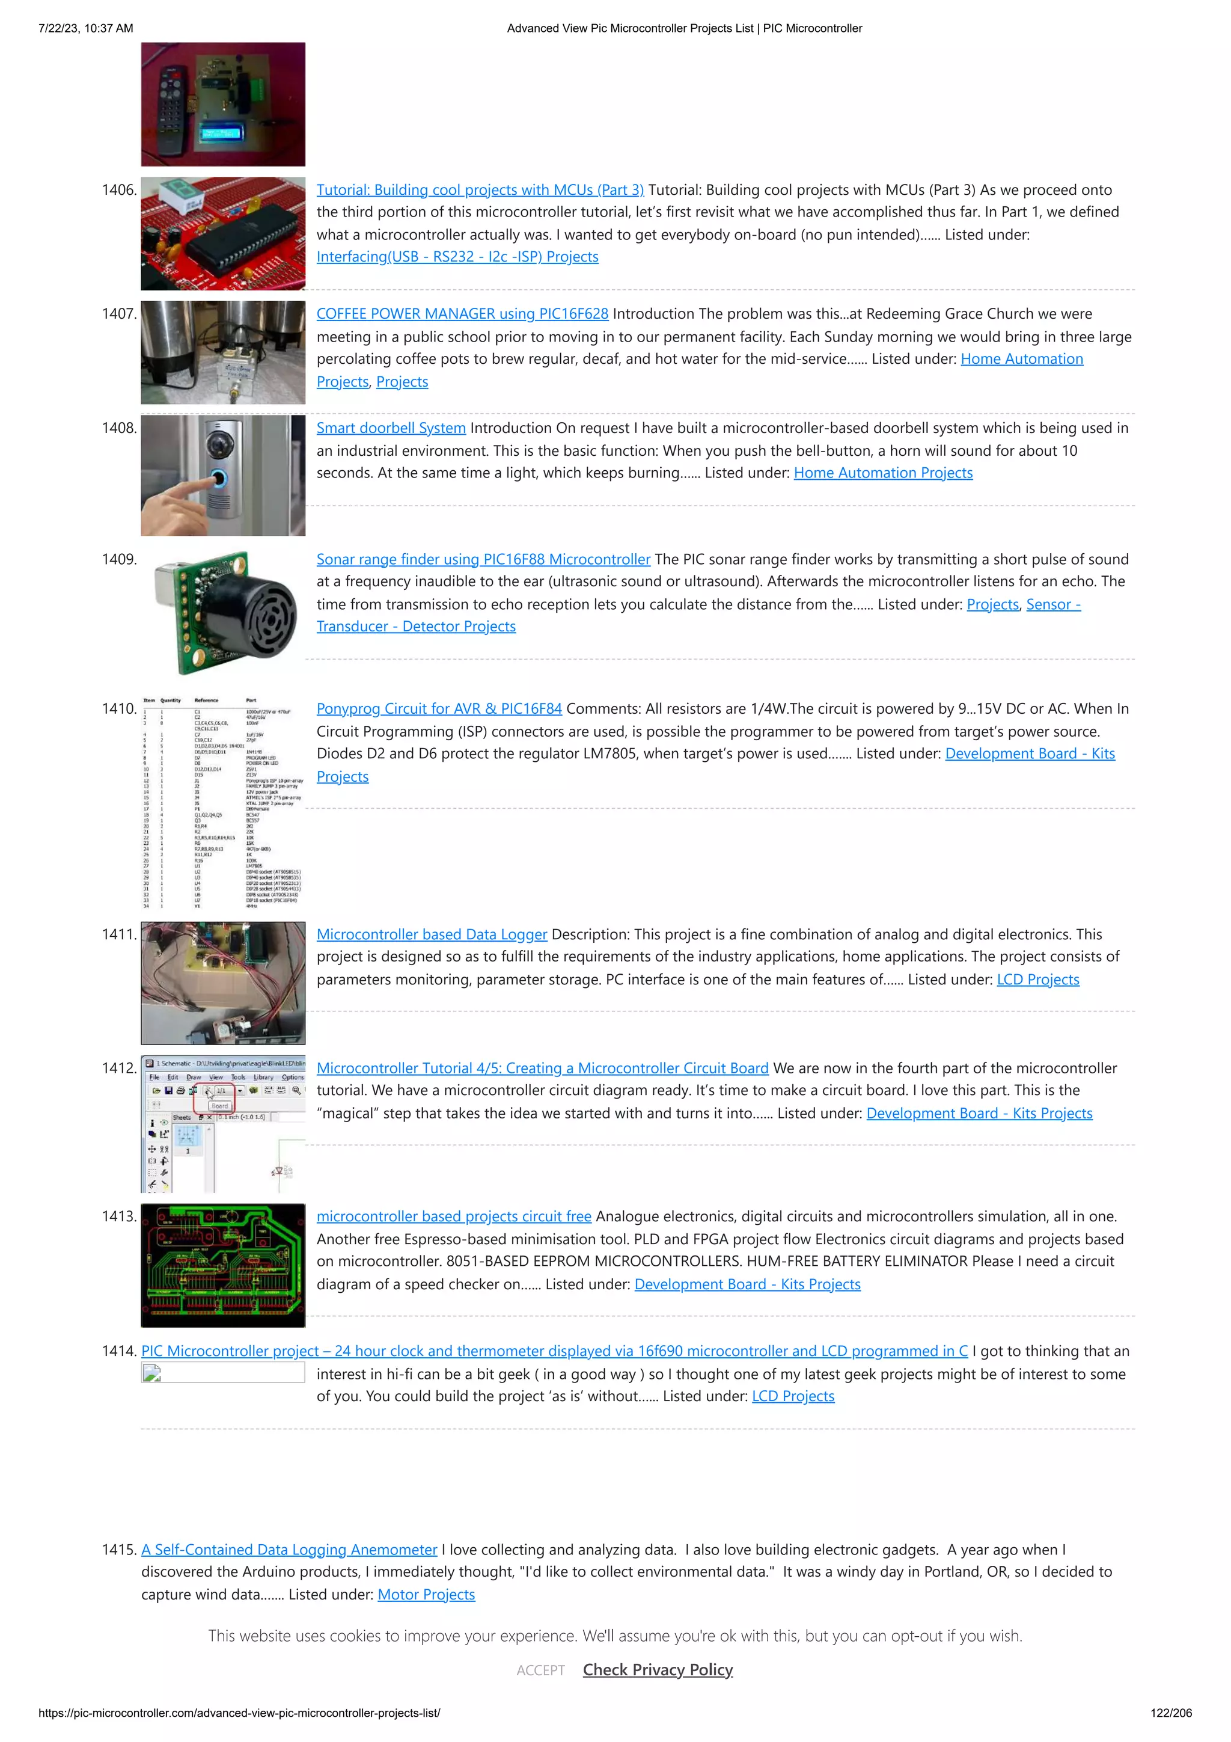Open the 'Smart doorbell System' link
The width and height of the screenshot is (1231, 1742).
point(391,428)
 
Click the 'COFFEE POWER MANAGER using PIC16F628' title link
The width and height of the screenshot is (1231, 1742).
point(462,313)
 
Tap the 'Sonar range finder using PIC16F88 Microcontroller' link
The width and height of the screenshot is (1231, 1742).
point(483,559)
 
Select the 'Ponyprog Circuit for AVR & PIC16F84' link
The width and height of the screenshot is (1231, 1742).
point(439,708)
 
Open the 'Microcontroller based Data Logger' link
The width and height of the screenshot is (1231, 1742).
point(432,934)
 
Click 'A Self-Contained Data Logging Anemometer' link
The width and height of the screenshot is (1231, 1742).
point(289,1550)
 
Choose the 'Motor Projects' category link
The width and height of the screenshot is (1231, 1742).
point(426,1594)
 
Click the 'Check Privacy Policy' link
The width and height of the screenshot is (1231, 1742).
point(658,1670)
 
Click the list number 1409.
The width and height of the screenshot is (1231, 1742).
point(119,559)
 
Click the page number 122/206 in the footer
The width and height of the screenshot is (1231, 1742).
point(1170,1713)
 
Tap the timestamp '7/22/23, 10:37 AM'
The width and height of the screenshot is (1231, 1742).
point(86,28)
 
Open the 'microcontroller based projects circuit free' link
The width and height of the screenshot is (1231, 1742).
point(454,1216)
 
